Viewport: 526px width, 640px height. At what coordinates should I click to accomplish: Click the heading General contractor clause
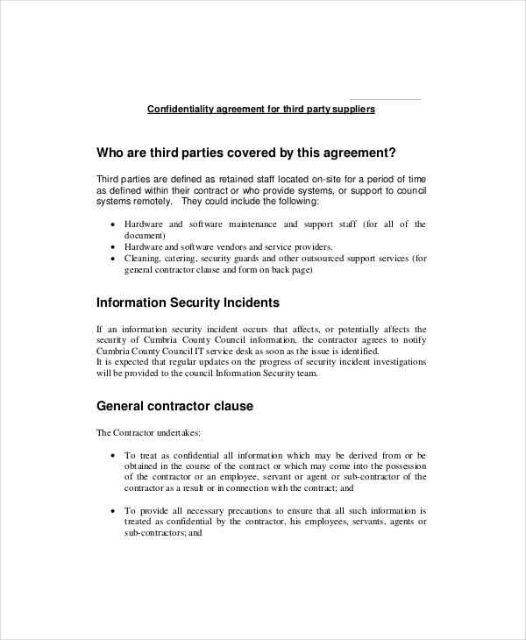tap(174, 407)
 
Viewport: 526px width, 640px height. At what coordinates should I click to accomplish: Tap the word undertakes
tap(178, 432)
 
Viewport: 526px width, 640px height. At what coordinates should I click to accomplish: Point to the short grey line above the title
tap(385, 99)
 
